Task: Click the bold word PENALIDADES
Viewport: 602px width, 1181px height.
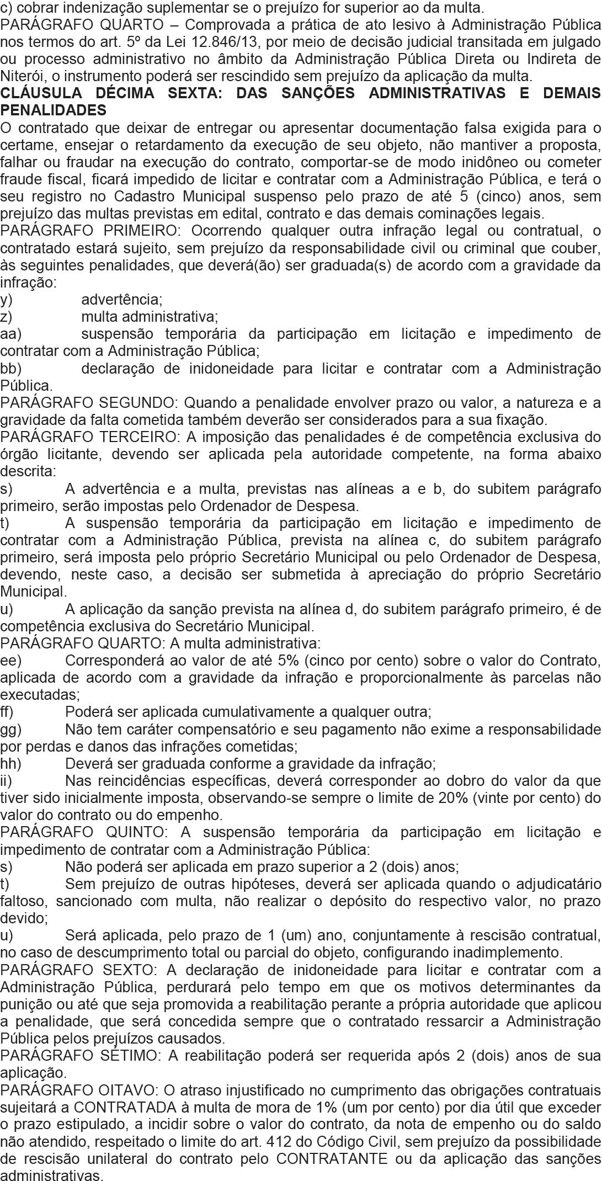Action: tap(54, 110)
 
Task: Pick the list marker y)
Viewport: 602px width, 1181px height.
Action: tap(6, 300)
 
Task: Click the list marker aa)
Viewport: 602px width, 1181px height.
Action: tap(10, 334)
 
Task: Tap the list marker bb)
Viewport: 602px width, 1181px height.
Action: tap(10, 369)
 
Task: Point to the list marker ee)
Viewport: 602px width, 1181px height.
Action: tap(10, 661)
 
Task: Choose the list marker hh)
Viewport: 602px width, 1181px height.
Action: tap(10, 764)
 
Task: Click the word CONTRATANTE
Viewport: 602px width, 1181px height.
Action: tap(332, 1159)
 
